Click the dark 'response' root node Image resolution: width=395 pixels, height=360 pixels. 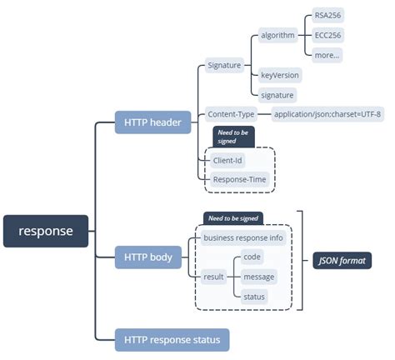46,231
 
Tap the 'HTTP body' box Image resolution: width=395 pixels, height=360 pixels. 148,257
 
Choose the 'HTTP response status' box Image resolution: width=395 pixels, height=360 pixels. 172,339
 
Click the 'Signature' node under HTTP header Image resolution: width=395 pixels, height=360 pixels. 223,65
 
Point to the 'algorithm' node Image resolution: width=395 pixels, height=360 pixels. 277,35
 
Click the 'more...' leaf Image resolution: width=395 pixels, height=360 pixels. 326,55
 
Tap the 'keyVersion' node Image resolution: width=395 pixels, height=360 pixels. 279,75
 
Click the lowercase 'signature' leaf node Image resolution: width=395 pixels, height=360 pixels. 277,95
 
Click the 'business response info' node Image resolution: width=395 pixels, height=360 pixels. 242,238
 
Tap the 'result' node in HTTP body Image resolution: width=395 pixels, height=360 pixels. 213,277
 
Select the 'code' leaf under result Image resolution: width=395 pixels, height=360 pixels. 252,257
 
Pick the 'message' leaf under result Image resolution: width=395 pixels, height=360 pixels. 258,277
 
